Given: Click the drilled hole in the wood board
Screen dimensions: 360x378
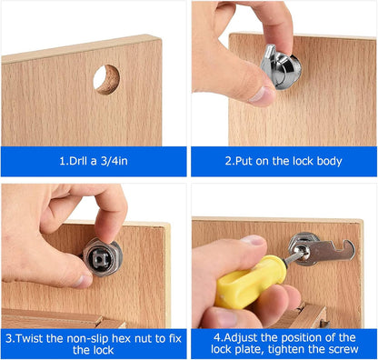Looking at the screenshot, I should (106, 79).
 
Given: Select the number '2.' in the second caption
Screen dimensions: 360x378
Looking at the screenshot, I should (230, 161).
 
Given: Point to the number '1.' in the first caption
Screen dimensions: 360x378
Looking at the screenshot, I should (61, 161).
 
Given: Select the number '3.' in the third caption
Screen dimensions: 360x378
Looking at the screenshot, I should (13, 335).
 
